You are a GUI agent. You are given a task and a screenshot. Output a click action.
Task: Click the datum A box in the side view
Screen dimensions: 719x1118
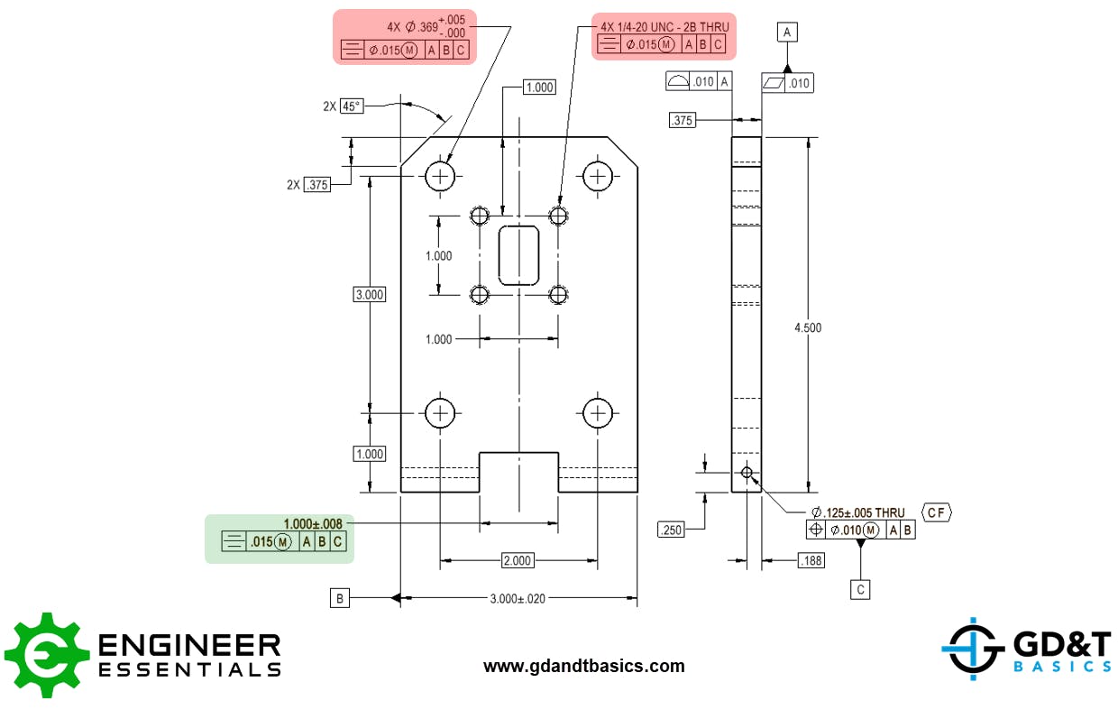[787, 32]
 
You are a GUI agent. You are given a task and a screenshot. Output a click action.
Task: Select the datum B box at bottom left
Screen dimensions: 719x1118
[340, 597]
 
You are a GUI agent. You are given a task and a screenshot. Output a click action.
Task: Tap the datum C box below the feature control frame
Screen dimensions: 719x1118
[861, 589]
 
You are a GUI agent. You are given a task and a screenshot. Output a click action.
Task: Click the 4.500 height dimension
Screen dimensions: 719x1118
[807, 327]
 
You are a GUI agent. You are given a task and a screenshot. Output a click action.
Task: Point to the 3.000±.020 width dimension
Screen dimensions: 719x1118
[518, 597]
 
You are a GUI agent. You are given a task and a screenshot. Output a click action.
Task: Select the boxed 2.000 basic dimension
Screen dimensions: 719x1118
[518, 560]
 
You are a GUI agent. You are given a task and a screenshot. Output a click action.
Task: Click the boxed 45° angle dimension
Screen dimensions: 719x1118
[351, 106]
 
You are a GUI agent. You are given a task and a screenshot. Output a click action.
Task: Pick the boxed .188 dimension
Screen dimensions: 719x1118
[811, 561]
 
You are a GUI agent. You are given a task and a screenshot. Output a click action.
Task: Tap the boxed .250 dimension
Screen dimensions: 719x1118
[672, 530]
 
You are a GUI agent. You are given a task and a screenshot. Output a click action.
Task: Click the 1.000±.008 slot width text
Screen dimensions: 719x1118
[313, 523]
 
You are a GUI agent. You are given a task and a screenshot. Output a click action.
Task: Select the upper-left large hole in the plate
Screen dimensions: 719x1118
[440, 176]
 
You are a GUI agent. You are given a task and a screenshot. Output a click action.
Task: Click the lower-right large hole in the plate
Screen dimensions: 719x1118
[597, 413]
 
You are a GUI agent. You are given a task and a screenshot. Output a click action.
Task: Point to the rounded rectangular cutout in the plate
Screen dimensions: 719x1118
[518, 255]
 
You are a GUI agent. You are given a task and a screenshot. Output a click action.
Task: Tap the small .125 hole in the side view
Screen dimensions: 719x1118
[747, 472]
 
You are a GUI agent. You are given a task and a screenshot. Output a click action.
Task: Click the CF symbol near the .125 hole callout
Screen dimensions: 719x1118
[936, 512]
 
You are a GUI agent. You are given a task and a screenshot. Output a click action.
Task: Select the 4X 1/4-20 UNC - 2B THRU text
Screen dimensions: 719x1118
[664, 27]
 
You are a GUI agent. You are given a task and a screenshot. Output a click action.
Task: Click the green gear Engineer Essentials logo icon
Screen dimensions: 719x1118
[43, 655]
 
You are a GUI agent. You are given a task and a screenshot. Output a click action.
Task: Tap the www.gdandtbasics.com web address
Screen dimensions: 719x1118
[583, 667]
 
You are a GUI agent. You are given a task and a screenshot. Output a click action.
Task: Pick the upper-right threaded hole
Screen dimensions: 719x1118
[559, 216]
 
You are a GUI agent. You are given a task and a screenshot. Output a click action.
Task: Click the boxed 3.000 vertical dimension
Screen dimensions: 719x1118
[369, 294]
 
